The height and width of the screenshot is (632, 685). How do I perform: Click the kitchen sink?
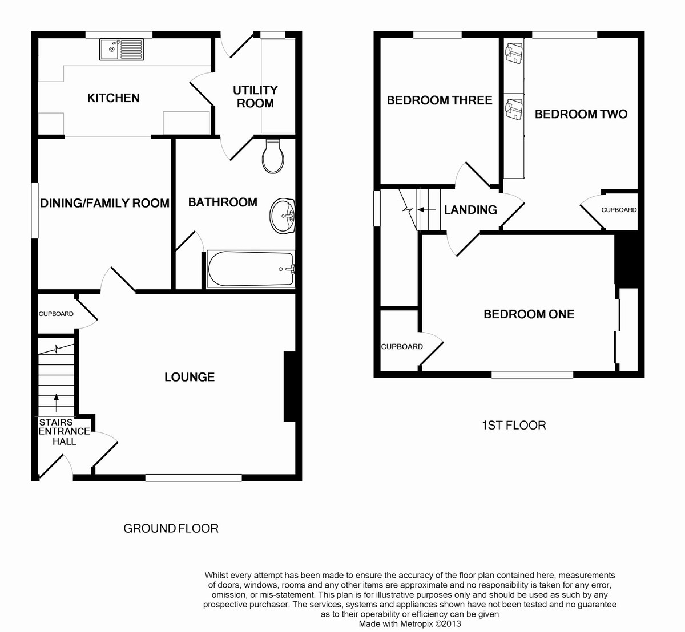122,50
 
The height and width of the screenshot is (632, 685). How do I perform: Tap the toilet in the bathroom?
273,156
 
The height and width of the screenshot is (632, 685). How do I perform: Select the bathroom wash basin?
283,216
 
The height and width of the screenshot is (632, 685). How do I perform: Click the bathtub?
251,269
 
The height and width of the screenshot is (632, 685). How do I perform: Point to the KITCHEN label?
113,98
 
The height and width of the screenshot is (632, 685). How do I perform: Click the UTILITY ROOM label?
255,96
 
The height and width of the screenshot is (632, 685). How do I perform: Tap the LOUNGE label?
190,377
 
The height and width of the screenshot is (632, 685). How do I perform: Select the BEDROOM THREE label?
440,100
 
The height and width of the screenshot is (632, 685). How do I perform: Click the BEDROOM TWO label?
581,114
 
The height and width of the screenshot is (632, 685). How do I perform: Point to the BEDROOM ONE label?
529,314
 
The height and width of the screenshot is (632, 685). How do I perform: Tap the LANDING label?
470,210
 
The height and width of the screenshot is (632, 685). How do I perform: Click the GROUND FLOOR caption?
171,528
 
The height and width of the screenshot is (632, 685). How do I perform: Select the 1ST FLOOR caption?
514,425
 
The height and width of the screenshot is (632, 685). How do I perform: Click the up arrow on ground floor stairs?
56,403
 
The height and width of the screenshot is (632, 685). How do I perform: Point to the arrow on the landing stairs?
426,209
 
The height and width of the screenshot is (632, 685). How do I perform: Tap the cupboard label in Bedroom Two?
619,210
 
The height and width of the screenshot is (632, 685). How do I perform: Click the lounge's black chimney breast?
290,386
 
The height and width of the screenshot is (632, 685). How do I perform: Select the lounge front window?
194,477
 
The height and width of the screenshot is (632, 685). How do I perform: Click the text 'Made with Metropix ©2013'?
410,623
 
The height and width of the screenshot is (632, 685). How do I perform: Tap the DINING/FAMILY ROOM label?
105,203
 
